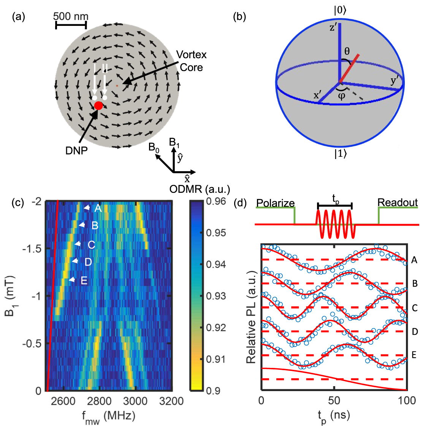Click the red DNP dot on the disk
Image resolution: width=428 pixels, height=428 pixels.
pos(98,105)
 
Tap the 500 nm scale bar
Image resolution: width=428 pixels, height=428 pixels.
pos(71,25)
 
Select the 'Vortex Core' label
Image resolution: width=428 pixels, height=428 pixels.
pos(191,61)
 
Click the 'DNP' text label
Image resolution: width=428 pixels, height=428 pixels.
pos(76,151)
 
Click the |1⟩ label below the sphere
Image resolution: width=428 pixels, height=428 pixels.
pos(340,154)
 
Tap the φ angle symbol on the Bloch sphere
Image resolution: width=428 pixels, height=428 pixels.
pos(341,95)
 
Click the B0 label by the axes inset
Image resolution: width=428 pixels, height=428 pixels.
pos(154,147)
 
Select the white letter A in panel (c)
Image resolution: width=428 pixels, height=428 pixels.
pos(98,208)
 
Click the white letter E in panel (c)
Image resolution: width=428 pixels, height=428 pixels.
pos(84,281)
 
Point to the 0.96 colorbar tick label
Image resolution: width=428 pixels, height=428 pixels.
pos(216,201)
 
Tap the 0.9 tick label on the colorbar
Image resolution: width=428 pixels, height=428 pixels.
pos(213,391)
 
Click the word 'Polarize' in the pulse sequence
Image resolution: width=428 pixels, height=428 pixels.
pos(275,203)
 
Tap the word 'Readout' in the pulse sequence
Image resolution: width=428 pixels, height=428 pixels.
pos(397,202)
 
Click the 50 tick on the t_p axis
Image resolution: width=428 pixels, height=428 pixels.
pos(334,401)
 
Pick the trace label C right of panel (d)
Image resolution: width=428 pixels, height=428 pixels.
pos(415,308)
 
